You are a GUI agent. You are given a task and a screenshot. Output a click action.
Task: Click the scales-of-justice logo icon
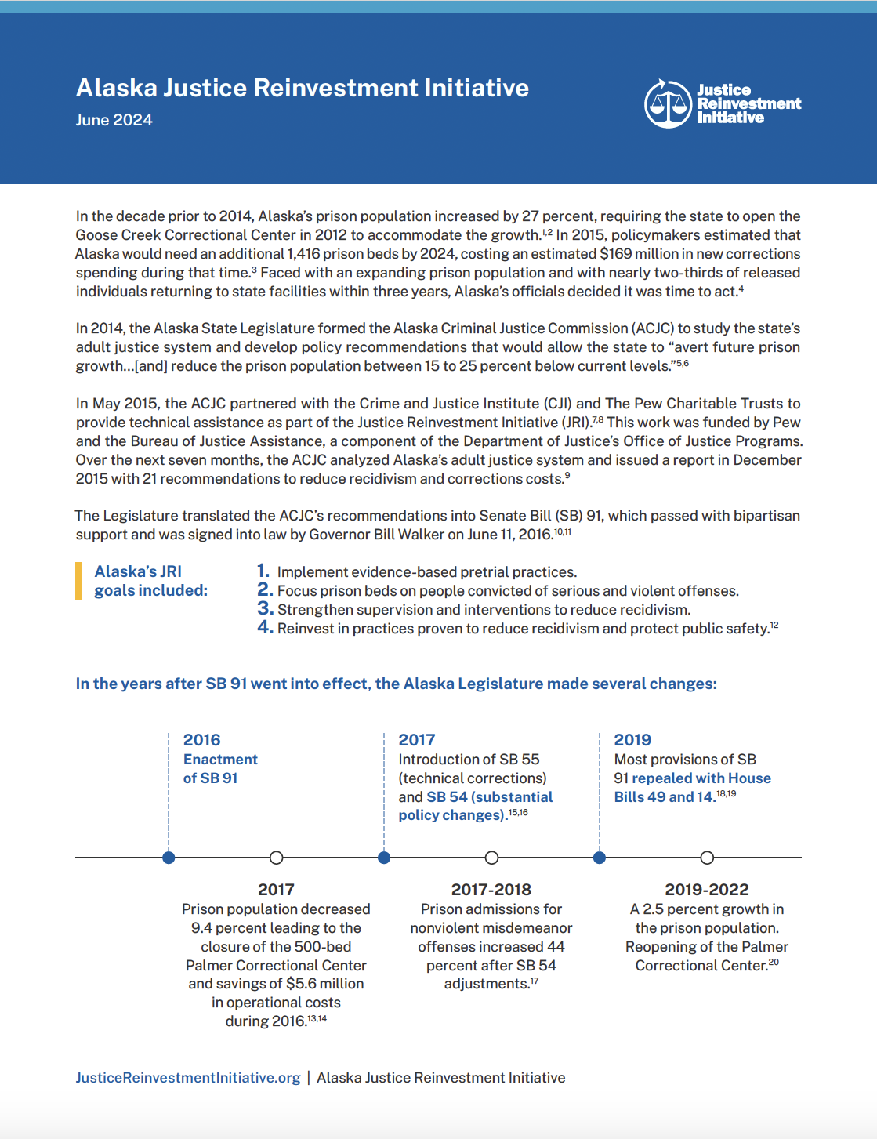click(668, 103)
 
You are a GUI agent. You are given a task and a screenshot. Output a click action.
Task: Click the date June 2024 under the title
click(114, 120)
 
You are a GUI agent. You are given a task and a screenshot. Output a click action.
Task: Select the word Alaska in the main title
click(116, 88)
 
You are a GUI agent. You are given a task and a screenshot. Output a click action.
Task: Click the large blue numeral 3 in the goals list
click(265, 608)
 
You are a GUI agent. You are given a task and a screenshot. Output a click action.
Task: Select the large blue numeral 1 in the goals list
click(263, 571)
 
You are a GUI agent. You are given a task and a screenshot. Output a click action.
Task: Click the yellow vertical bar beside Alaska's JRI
click(78, 581)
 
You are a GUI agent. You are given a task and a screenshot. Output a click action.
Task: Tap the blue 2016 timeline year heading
click(201, 740)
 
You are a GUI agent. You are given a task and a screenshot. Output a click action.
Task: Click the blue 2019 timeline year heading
click(632, 740)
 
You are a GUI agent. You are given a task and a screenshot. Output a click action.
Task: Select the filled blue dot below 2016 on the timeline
click(169, 858)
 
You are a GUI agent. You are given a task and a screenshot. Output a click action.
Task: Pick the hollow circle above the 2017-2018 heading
click(491, 858)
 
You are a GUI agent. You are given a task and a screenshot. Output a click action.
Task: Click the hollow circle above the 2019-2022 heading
click(707, 858)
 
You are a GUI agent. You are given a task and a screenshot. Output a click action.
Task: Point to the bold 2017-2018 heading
click(491, 890)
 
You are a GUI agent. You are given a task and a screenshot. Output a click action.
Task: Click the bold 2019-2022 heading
click(707, 890)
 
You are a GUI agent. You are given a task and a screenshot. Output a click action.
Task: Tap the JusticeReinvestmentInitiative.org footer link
click(188, 1078)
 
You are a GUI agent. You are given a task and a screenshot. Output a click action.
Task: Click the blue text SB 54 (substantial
click(490, 797)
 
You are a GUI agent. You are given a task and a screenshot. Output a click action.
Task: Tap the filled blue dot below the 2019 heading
click(600, 858)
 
